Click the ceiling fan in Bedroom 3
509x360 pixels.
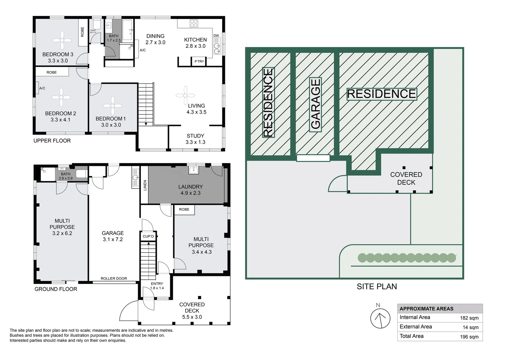coord(62,40)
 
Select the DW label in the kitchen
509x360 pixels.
coord(216,36)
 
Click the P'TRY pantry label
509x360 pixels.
coord(199,61)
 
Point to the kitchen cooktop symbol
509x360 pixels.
coord(194,23)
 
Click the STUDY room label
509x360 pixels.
coord(196,136)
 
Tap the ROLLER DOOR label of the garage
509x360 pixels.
coord(114,278)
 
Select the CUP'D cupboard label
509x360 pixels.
coord(148,236)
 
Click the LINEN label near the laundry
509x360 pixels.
coord(145,185)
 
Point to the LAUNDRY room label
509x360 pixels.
coord(191,187)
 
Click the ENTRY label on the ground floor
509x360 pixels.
coord(157,284)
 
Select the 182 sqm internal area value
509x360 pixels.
coord(469,318)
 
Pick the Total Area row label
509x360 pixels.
coord(411,336)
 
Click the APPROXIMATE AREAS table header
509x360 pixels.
coord(426,309)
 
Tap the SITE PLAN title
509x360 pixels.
coord(377,287)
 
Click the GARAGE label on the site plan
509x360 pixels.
coord(315,104)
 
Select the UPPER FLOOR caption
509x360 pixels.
coord(52,141)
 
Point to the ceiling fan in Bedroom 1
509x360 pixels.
coord(113,106)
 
